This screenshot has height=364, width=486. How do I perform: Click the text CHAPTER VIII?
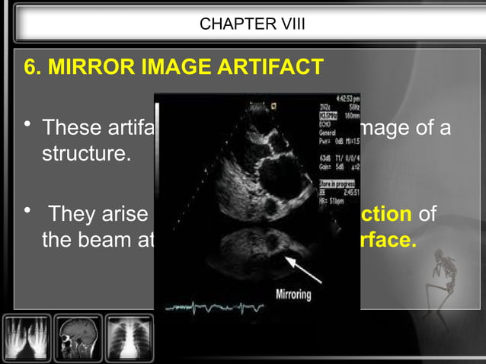[x=252, y=24]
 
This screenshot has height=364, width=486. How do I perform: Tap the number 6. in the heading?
[x=33, y=68]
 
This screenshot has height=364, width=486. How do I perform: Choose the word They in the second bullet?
[x=76, y=215]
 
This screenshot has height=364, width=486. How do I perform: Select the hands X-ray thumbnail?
[x=27, y=337]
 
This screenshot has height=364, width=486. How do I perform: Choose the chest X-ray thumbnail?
[x=129, y=337]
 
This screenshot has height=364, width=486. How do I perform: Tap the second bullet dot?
[x=27, y=212]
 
